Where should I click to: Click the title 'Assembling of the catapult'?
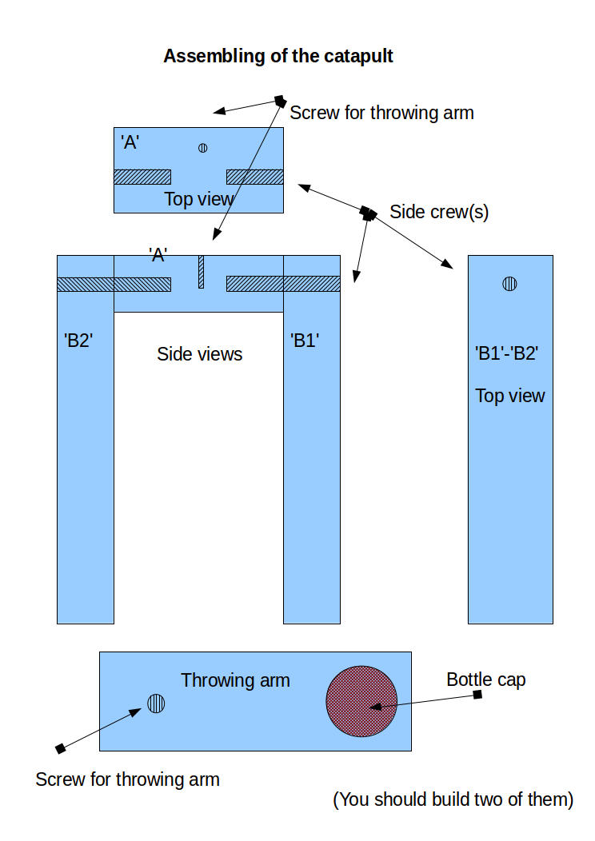tap(278, 56)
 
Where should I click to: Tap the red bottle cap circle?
tap(361, 701)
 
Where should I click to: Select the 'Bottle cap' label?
tap(485, 680)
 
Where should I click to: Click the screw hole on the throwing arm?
tap(156, 703)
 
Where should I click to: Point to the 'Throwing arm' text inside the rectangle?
tap(235, 680)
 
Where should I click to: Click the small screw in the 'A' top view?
tap(203, 147)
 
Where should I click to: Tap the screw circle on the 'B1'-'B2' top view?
tap(509, 283)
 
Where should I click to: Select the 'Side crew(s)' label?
tap(438, 212)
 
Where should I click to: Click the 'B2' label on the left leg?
tap(78, 339)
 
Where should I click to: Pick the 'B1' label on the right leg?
tap(305, 339)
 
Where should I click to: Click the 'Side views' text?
tap(199, 353)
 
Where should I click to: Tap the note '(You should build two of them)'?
tap(453, 799)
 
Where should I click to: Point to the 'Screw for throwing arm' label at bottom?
tap(127, 779)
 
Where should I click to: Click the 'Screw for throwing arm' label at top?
tap(381, 113)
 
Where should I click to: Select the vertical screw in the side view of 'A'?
tap(202, 272)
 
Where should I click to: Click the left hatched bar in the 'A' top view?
tap(142, 176)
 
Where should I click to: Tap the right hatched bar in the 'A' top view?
tap(255, 176)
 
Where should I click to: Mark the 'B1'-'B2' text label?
tap(505, 353)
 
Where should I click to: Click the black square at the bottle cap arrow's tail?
tap(477, 695)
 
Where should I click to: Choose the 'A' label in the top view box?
tap(130, 142)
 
